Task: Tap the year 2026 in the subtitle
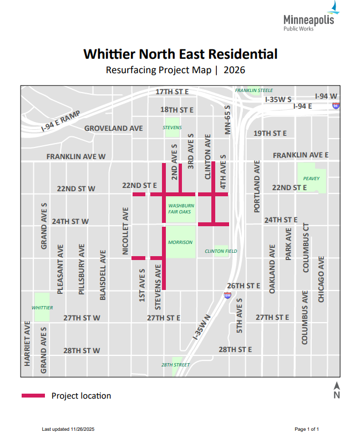point(234,70)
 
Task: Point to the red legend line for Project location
point(33,395)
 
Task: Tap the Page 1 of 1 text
point(306,429)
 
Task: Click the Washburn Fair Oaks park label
point(181,208)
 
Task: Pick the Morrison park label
point(181,242)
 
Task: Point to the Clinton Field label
point(221,251)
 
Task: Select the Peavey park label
point(312,178)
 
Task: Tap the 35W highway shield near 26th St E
point(227,296)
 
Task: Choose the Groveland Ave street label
point(113,128)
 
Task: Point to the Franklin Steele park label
point(254,90)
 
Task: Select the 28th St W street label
point(82,350)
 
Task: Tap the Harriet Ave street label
point(26,343)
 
